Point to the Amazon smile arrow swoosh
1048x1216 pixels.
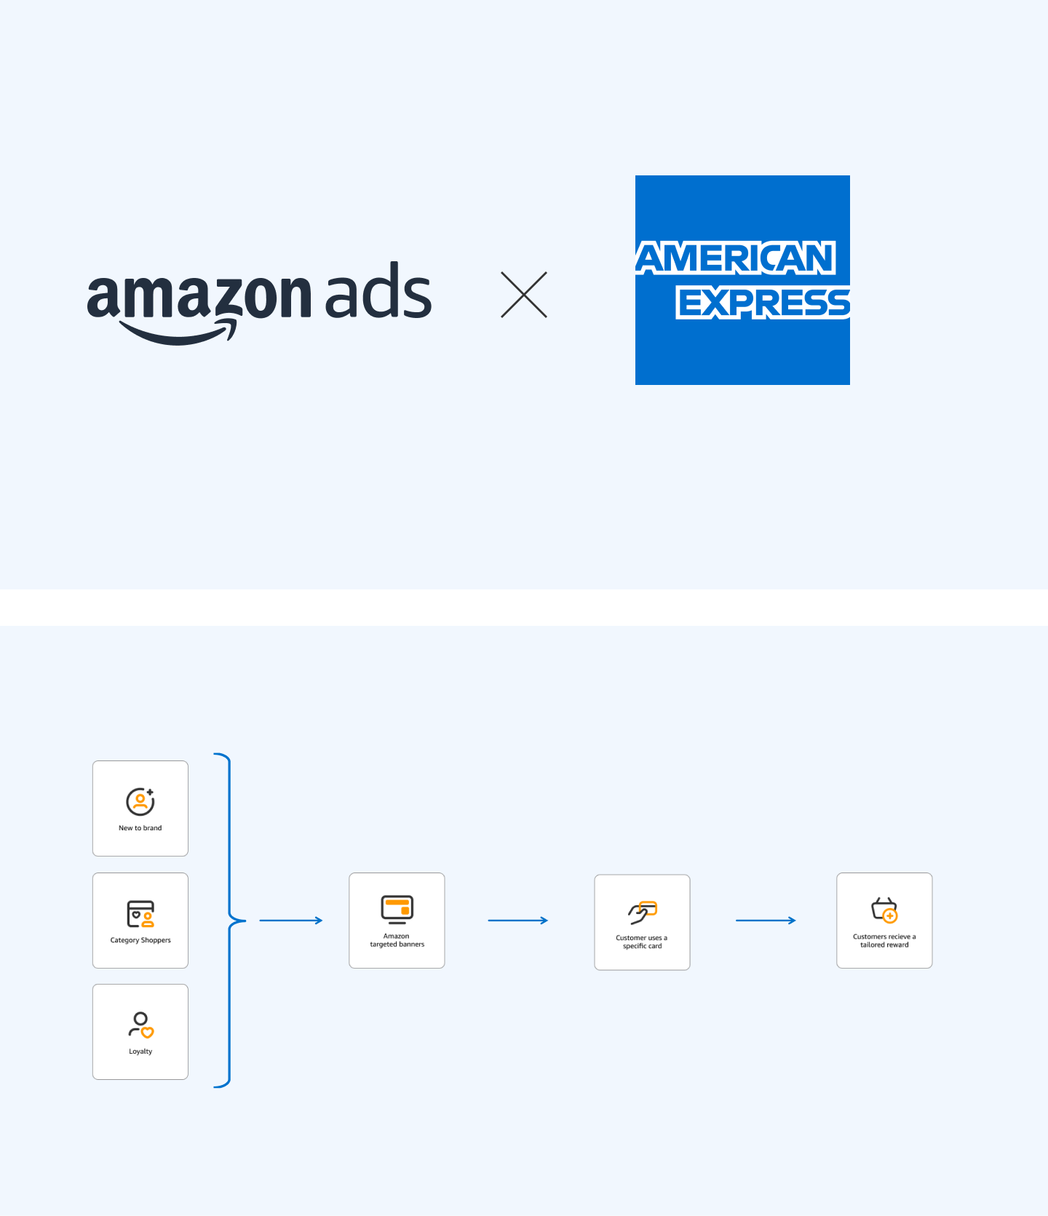click(178, 335)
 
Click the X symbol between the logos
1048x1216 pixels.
click(524, 295)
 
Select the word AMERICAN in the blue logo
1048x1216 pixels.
click(736, 258)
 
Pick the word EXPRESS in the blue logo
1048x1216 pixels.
click(763, 303)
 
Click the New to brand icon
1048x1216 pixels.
click(140, 801)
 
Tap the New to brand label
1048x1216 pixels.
click(140, 828)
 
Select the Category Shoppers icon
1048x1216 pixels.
click(140, 914)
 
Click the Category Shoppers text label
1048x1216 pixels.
click(140, 940)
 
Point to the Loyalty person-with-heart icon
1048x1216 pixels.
click(141, 1025)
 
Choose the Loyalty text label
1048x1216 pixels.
click(140, 1052)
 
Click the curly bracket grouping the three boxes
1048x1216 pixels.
click(229, 921)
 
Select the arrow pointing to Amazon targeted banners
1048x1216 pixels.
click(290, 921)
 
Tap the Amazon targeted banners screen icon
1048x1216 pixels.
click(397, 910)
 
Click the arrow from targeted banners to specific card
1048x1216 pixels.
click(517, 921)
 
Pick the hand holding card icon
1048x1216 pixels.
click(643, 913)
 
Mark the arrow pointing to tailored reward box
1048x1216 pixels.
click(766, 921)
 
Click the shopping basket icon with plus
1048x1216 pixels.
click(885, 910)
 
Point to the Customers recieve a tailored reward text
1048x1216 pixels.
click(884, 941)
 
